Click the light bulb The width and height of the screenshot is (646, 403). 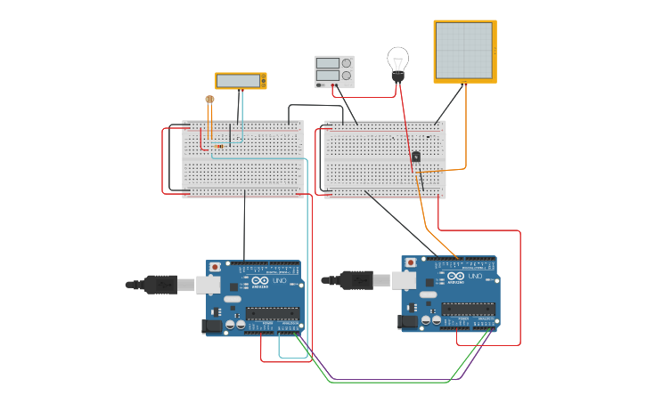pyautogui.click(x=397, y=61)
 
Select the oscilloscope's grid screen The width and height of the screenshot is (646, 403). pyautogui.click(x=463, y=51)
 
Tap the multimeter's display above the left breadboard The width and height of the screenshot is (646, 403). pyautogui.click(x=239, y=81)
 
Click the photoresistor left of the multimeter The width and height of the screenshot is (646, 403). pyautogui.click(x=209, y=100)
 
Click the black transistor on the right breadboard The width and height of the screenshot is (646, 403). pyautogui.click(x=416, y=157)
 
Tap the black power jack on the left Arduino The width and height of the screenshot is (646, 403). pyautogui.click(x=214, y=326)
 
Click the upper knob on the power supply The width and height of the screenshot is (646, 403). pyautogui.click(x=346, y=63)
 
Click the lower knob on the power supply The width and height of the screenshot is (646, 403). pyautogui.click(x=346, y=76)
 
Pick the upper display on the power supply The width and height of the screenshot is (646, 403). pyautogui.click(x=327, y=63)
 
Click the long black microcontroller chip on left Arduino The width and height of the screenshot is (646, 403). pyautogui.click(x=273, y=312)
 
